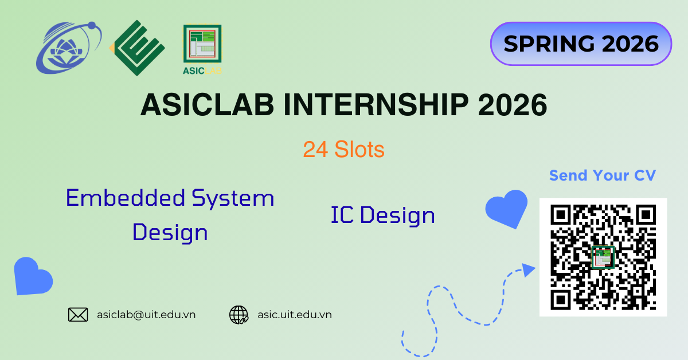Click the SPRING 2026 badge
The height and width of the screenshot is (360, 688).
581,44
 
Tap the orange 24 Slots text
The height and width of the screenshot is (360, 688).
343,150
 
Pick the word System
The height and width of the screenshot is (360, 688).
233,198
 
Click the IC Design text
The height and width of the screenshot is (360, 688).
382,216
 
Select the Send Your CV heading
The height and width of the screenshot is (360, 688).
603,175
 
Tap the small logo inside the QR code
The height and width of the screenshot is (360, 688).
603,257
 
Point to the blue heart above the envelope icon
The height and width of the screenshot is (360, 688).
33,276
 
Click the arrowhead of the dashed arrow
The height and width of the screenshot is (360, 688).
528,269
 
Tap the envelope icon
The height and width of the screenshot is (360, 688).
78,315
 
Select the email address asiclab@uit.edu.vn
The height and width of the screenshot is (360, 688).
146,315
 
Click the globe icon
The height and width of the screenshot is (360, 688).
239,315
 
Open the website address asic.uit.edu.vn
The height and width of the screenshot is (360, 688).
295,315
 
